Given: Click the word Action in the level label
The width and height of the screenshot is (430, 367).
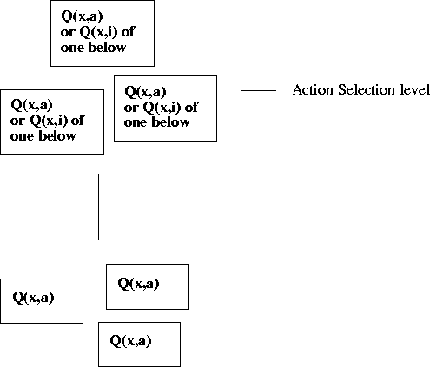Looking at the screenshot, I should [x=310, y=90].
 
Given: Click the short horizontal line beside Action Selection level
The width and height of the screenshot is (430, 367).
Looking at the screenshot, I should [x=258, y=90].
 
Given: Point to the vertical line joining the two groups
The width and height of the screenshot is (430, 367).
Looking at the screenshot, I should [x=98, y=206].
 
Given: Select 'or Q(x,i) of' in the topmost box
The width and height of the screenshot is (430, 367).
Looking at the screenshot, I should [x=97, y=33].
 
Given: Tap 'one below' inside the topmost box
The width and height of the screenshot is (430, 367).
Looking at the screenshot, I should [x=93, y=48].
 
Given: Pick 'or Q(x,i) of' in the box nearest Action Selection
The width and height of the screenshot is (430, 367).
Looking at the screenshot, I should [x=161, y=108].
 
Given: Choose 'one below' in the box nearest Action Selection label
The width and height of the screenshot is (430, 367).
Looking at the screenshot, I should [x=156, y=122].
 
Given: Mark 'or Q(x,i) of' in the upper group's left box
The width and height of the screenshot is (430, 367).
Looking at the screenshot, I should [x=47, y=121].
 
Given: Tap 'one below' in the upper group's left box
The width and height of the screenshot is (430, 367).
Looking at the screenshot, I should [x=43, y=135].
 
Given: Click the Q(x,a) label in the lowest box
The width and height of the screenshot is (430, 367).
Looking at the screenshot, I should [x=130, y=341].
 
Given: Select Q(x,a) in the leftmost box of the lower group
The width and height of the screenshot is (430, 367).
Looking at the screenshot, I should [x=33, y=298].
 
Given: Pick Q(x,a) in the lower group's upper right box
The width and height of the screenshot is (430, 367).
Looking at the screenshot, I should [x=138, y=283].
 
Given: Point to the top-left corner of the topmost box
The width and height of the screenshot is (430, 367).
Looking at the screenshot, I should [x=50, y=1].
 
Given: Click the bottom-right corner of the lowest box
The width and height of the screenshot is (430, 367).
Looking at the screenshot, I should [x=180, y=366].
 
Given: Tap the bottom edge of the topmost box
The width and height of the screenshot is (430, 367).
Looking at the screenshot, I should [x=102, y=66].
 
